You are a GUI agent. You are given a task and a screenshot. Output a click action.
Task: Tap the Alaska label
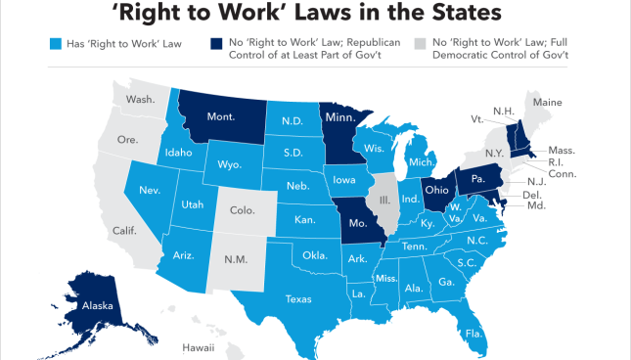click(x=98, y=306)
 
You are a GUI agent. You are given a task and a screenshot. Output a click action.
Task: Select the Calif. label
click(x=124, y=230)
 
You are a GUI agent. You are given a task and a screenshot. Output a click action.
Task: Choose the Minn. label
click(x=341, y=119)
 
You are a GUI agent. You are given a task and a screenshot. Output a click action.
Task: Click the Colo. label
click(x=241, y=209)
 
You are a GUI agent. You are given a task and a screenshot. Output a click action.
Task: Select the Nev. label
click(x=150, y=190)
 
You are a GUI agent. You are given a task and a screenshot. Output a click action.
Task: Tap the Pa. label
click(x=479, y=180)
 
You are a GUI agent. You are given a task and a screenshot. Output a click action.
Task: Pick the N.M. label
click(x=234, y=259)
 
